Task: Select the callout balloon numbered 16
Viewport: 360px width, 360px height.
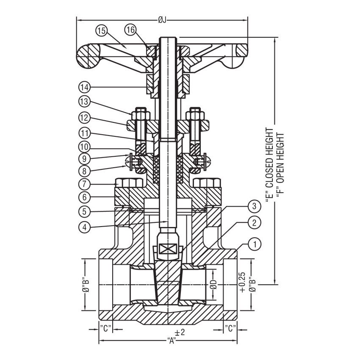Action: click(130, 30)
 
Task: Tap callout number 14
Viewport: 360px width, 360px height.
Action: click(85, 87)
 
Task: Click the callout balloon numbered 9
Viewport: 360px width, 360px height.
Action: click(85, 159)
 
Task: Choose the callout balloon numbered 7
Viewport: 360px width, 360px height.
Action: click(85, 184)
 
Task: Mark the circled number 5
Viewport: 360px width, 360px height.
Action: click(85, 210)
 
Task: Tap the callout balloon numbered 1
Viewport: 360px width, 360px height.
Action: click(255, 244)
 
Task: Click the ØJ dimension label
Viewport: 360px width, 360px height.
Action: click(161, 19)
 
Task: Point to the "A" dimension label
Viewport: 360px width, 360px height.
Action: click(172, 342)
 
